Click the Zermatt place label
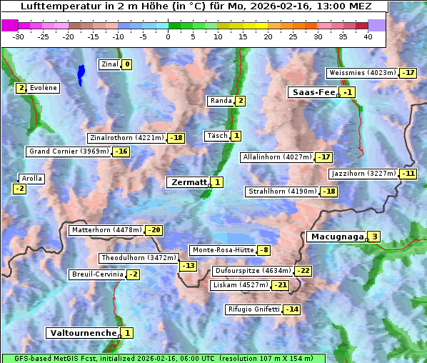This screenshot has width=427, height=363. coord(188,182)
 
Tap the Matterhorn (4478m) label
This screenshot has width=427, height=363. coord(106,230)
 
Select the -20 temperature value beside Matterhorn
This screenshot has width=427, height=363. coord(154,230)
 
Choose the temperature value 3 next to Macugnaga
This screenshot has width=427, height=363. coord(374,237)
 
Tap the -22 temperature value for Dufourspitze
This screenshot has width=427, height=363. coord(303,272)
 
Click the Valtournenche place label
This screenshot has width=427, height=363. coord(82,333)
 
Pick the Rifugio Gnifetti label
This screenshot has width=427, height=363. coord(253,309)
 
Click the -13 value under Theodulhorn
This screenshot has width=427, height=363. coord(188,266)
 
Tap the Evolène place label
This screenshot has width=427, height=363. coord(43,88)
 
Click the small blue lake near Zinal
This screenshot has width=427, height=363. coord(81,73)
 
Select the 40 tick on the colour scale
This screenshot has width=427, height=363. coord(368,36)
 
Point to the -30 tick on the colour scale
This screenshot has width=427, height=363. coord(19,36)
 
